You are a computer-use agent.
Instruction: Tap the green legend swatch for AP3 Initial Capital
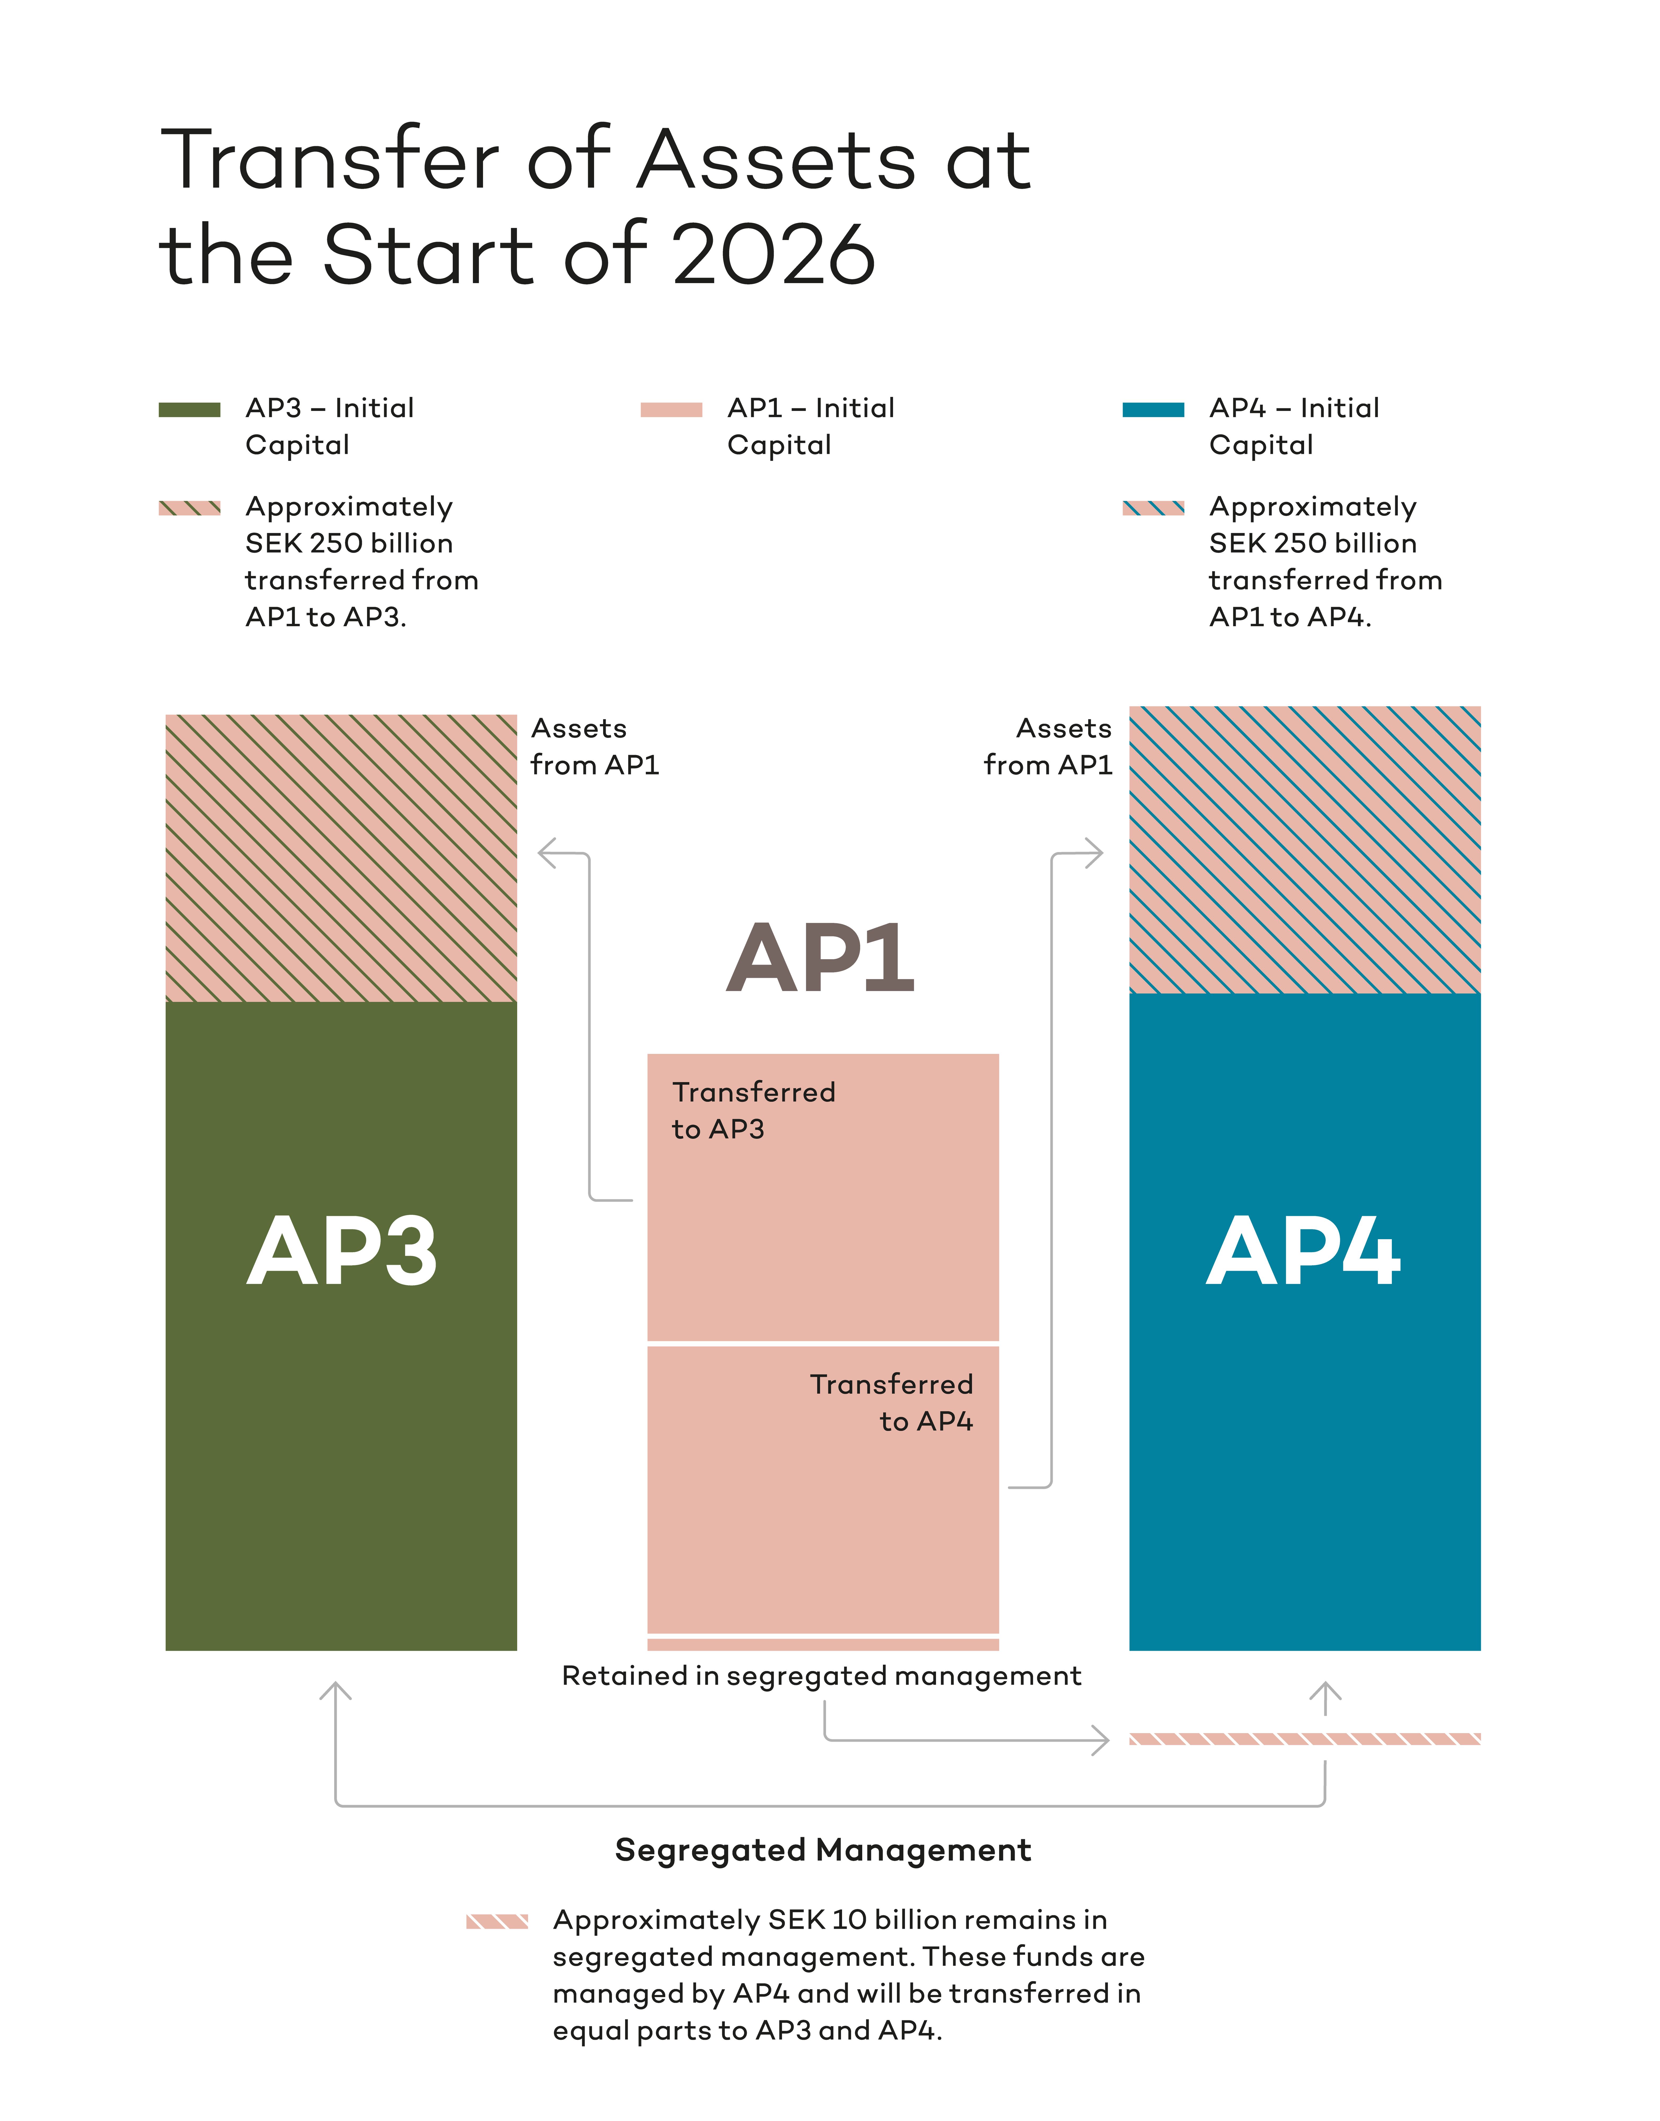coord(190,409)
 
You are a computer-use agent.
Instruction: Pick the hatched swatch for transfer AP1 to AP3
coord(190,507)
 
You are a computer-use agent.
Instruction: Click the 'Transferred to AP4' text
coord(891,1402)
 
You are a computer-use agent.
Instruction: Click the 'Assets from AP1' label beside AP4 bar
coord(1048,746)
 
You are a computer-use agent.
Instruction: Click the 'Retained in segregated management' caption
coord(821,1675)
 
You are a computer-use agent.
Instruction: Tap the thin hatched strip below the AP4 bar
coord(1304,1738)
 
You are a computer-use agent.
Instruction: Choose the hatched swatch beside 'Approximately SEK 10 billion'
coord(497,1921)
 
